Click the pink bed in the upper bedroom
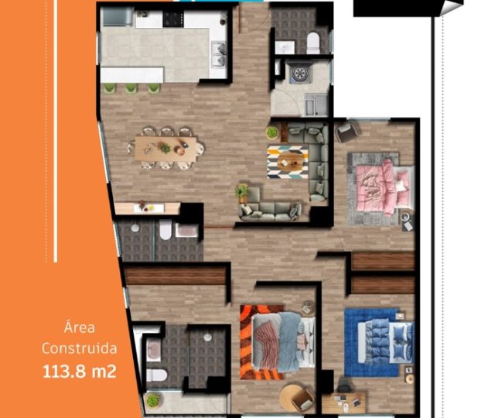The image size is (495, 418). [384, 187]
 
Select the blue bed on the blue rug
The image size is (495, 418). [385, 342]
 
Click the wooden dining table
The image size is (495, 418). [166, 149]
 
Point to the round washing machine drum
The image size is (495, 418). [299, 74]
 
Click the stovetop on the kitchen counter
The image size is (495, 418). [173, 19]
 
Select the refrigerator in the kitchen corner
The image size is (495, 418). [118, 17]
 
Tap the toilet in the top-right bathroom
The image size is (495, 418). [313, 43]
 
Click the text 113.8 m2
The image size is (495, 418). [80, 372]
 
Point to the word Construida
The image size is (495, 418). [79, 348]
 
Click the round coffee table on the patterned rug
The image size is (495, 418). [288, 162]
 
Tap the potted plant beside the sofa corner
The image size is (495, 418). [243, 193]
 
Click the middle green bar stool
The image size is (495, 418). [131, 88]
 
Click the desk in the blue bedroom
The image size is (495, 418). [344, 403]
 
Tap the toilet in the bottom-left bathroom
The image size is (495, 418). [156, 375]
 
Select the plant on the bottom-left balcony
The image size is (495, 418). [153, 401]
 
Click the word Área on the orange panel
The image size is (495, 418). [79, 327]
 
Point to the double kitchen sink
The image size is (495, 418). [219, 54]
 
